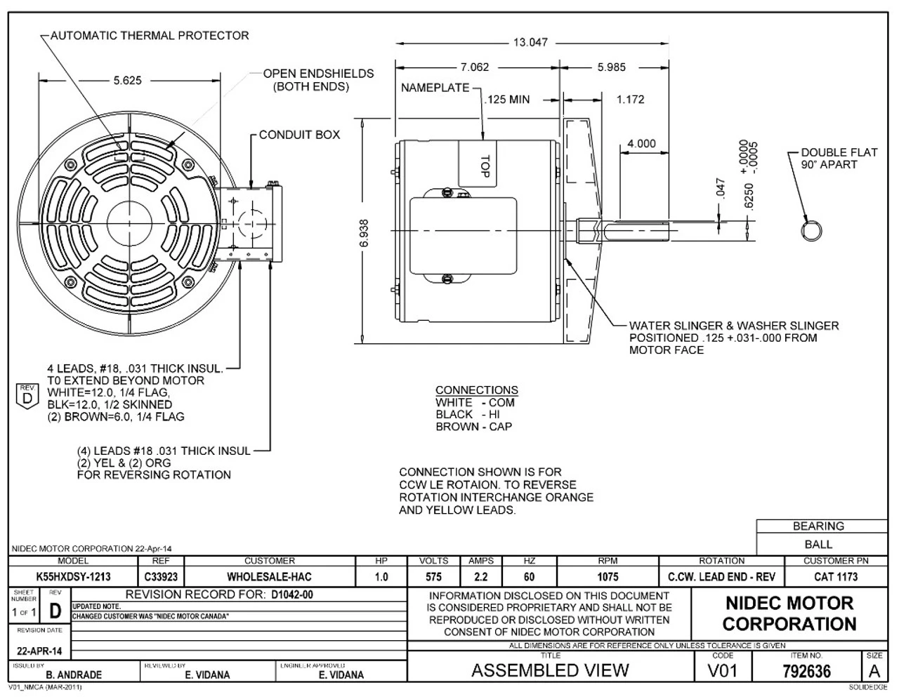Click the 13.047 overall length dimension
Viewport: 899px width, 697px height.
coord(530,42)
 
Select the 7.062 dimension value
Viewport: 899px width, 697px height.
coord(475,67)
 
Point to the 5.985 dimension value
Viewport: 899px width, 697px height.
coord(611,67)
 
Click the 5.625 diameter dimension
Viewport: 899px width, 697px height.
coord(127,80)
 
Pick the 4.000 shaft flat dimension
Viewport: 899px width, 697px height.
coord(641,144)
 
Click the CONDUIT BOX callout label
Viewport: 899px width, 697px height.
coord(299,135)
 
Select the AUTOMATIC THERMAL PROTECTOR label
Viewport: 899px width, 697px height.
coord(150,35)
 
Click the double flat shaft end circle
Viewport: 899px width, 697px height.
coord(811,230)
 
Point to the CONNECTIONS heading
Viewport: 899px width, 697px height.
coord(476,390)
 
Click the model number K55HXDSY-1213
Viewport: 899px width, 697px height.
coord(73,577)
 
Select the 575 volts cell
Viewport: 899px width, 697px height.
coord(433,577)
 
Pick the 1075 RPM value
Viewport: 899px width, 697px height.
coord(608,577)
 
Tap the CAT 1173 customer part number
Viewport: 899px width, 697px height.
coord(834,577)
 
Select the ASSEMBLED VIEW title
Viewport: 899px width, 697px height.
coord(550,670)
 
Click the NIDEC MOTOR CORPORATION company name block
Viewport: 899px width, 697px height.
coord(789,613)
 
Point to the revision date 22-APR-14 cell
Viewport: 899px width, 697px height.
coord(39,651)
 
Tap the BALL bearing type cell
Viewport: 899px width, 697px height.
coord(818,544)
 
